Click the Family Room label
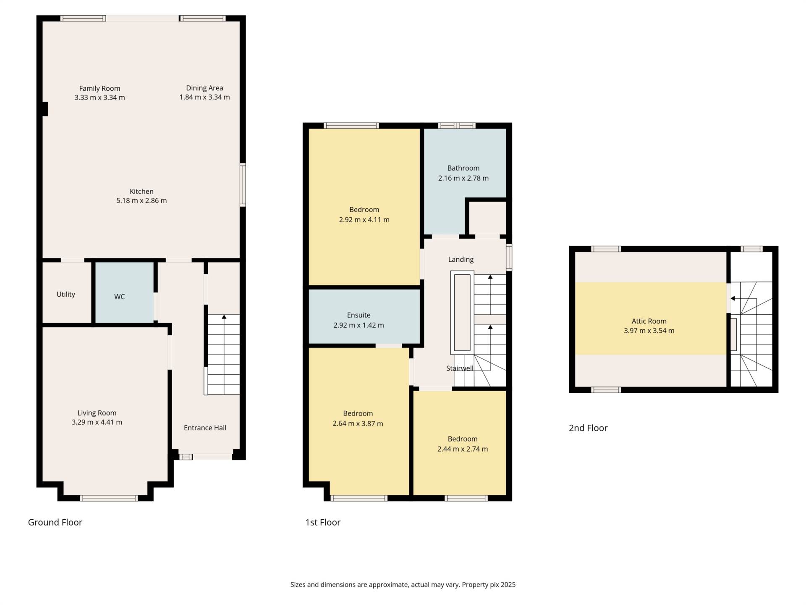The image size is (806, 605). (99, 88)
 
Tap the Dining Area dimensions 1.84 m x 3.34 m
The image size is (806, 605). (204, 97)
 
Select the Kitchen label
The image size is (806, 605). (141, 191)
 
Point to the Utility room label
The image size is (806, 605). (66, 294)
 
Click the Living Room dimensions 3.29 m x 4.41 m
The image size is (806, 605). (97, 422)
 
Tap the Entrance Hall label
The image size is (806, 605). (205, 428)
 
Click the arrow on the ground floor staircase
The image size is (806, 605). (224, 317)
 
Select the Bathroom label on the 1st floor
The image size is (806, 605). (463, 168)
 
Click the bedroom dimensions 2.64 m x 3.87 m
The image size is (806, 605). (358, 423)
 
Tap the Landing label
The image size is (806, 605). (461, 259)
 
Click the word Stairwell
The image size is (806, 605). (460, 368)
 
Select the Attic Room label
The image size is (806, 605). (649, 321)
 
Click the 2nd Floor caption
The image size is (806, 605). (588, 428)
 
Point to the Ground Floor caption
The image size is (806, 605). (55, 522)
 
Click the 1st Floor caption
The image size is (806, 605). (322, 522)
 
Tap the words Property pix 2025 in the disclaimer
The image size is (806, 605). (488, 584)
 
